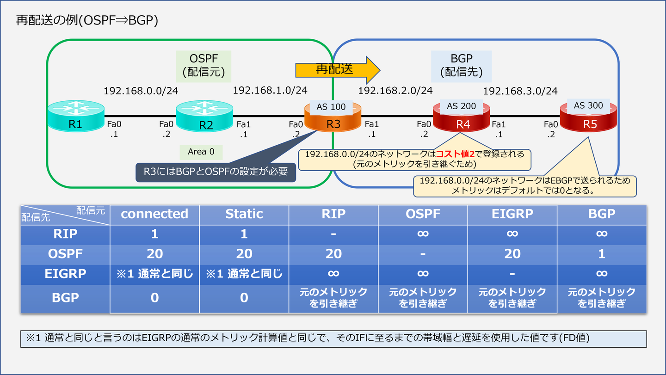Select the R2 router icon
coord(205,116)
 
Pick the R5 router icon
coord(588,117)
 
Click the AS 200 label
coord(461,106)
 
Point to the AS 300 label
coord(588,105)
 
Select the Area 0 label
coord(201,152)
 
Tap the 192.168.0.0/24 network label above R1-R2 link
coord(141,91)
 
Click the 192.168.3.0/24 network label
coord(520,91)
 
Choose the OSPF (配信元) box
coord(203,66)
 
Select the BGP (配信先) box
coord(461,66)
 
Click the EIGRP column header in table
coord(512,214)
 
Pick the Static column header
coord(244,214)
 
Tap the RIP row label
coord(65,234)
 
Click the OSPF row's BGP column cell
coord(601,254)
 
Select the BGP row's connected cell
coord(154,298)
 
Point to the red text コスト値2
coord(455,154)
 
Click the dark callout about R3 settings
coord(216,172)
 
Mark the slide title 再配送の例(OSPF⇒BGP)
coord(87,21)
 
